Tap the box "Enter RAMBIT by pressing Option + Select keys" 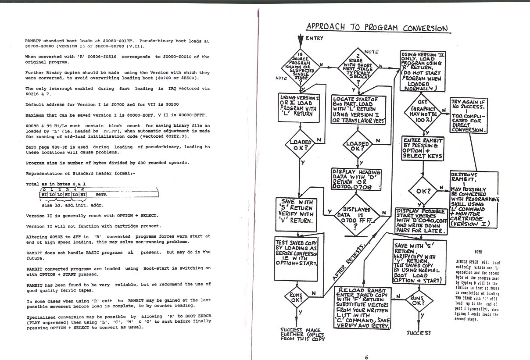pos(423,148)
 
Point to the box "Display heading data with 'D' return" pos(357,178)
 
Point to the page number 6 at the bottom pos(366,356)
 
